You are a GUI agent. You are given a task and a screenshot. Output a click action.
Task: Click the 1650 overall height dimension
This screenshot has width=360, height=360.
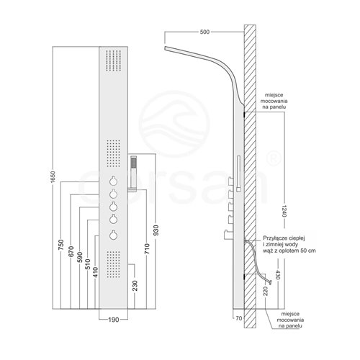tap(53, 176)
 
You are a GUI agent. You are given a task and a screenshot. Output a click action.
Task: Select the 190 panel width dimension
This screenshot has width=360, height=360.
tap(113, 320)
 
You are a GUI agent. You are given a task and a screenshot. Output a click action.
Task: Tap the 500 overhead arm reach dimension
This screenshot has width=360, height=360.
tap(204, 32)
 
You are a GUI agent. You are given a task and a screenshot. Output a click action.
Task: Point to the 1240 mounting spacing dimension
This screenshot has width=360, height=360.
tap(284, 211)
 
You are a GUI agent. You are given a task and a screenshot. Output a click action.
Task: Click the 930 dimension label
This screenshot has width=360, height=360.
tap(156, 230)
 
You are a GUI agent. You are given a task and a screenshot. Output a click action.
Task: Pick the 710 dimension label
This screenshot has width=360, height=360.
tap(147, 248)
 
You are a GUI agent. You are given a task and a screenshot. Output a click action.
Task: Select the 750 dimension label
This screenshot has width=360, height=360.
tap(61, 245)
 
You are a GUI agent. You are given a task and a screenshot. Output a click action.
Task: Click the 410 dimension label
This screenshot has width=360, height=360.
tap(96, 272)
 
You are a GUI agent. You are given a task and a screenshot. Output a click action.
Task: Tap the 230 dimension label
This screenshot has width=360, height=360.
tap(135, 286)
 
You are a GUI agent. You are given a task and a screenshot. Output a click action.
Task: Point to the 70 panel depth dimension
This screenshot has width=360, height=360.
tap(239, 318)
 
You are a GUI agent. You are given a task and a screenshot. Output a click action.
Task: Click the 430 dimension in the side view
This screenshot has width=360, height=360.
tap(278, 275)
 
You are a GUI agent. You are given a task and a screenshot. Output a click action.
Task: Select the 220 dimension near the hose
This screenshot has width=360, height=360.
tap(266, 291)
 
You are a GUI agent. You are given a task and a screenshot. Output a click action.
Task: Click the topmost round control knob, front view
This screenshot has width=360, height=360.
tap(113, 181)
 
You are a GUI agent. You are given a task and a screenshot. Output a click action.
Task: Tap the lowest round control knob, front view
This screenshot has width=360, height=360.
tap(113, 235)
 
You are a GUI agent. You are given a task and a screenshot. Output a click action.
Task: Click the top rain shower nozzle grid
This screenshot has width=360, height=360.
tap(114, 60)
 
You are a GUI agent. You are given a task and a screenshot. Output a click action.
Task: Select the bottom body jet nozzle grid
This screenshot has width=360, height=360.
tap(113, 264)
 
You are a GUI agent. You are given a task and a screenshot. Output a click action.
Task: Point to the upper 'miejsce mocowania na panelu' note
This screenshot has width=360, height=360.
tap(274, 101)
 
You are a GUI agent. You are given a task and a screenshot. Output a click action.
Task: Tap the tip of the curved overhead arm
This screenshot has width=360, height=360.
tap(165, 48)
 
